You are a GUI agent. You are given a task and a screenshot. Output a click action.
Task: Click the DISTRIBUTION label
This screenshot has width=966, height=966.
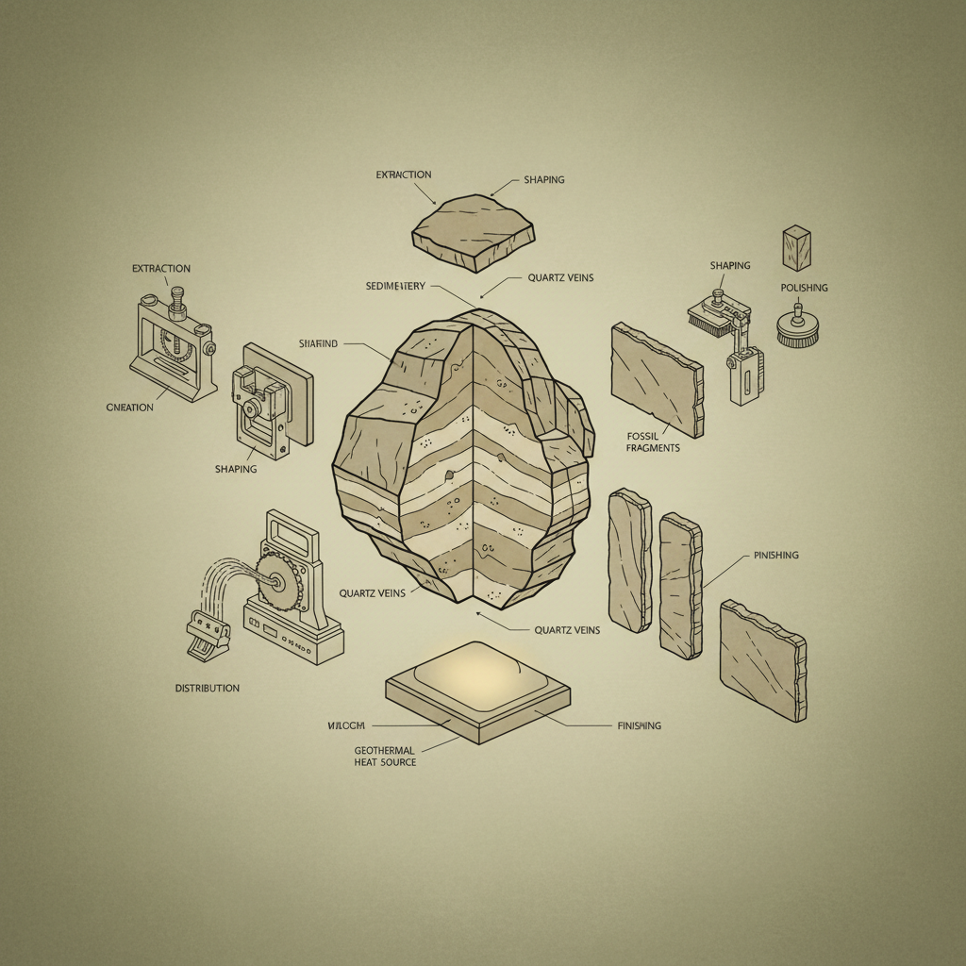(x=207, y=688)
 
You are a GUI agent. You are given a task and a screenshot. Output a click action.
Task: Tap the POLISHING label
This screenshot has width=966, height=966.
(x=804, y=287)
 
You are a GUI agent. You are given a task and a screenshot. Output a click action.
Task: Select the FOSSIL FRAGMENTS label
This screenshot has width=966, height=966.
(x=653, y=441)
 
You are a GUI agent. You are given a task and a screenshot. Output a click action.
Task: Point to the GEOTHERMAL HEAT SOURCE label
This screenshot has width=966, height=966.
(x=384, y=755)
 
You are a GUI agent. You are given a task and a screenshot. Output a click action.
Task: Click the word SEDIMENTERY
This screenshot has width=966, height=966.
(x=395, y=286)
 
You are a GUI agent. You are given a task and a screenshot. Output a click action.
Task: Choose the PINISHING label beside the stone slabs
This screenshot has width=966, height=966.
(x=775, y=556)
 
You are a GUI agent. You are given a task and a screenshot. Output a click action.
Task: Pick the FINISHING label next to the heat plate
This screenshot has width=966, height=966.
(x=639, y=725)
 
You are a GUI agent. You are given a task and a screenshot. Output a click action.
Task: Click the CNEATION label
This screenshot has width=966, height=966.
(x=130, y=407)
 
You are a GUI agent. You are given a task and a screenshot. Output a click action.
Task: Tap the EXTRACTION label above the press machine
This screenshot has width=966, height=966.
(x=161, y=269)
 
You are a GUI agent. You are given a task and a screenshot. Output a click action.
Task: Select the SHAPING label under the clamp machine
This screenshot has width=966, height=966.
(x=236, y=469)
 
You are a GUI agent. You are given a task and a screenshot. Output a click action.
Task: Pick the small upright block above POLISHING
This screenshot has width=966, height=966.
(x=796, y=247)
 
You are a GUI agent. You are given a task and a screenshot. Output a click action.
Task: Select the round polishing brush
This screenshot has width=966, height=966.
(x=797, y=328)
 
